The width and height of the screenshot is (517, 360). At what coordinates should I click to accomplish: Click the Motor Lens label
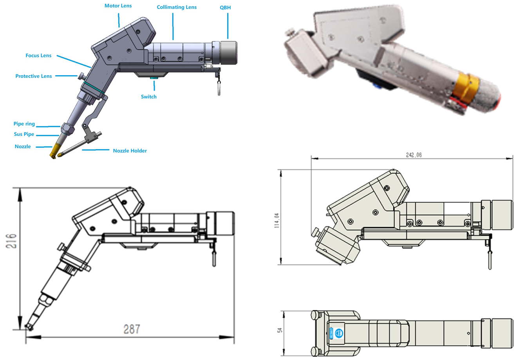[118, 6]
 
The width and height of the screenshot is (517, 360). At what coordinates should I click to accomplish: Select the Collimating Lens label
[177, 7]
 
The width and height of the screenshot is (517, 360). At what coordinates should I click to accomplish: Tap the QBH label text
[225, 7]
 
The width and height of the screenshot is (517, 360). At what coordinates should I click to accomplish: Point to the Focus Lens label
[38, 56]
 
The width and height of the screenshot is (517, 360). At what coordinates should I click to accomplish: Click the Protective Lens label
[33, 76]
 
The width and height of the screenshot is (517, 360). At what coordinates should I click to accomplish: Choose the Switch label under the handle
[148, 97]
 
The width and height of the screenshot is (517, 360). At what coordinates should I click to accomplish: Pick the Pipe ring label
[24, 124]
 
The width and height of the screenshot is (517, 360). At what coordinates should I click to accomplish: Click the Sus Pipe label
[24, 134]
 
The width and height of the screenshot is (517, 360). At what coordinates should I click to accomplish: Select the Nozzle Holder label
[130, 151]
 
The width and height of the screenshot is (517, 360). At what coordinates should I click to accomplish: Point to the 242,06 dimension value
[414, 155]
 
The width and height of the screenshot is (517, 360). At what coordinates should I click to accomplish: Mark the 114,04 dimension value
[277, 221]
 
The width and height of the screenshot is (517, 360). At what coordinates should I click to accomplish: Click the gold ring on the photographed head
[466, 86]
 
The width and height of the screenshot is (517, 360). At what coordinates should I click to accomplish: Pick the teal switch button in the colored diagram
[154, 78]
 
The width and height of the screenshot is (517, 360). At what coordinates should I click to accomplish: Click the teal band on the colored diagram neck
[94, 88]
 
